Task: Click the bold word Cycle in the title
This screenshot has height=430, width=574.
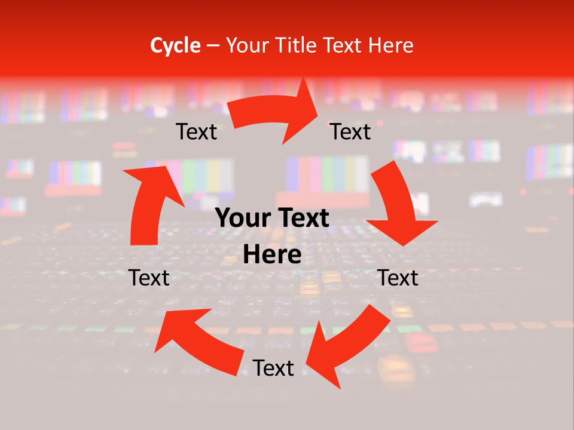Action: click(x=175, y=45)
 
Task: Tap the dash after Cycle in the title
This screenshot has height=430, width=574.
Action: click(x=213, y=45)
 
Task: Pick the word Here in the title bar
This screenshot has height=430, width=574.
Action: click(x=392, y=45)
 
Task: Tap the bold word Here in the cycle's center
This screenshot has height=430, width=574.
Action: click(x=272, y=255)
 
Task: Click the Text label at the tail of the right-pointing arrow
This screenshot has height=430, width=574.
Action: click(x=196, y=132)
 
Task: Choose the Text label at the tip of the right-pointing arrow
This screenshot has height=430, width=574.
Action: click(x=350, y=132)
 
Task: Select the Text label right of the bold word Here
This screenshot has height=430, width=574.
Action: click(x=398, y=278)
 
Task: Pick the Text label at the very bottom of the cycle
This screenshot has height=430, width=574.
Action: click(x=273, y=368)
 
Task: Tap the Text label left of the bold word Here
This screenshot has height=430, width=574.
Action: click(x=149, y=278)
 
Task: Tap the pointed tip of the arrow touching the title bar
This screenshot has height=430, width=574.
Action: click(x=306, y=79)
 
